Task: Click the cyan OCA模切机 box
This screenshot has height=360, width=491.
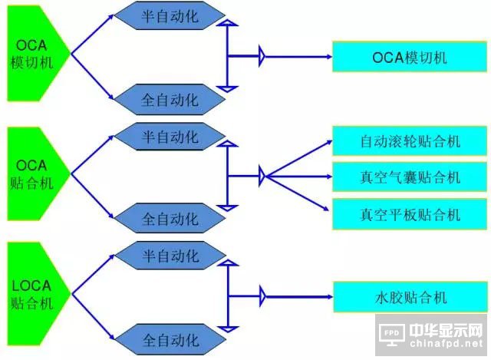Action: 409,57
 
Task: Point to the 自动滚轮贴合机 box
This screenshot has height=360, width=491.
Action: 409,142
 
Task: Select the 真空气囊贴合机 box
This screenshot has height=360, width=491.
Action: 409,177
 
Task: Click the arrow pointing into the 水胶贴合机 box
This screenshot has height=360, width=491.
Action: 299,295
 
